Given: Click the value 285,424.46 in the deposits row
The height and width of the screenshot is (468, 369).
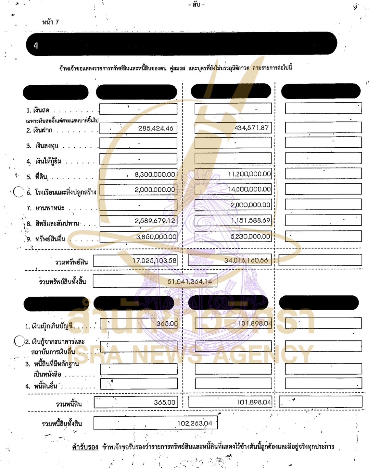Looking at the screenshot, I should tap(156, 128).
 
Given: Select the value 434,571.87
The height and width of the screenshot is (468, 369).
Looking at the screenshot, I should tap(251, 128).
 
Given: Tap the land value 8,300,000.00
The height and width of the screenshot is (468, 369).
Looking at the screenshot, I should tap(155, 174).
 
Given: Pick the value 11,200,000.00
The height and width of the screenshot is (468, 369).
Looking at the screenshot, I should tap(249, 174).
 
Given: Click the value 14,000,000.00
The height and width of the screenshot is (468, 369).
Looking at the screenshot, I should tap(249, 189).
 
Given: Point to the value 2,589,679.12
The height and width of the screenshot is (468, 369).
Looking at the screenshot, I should tap(155, 221).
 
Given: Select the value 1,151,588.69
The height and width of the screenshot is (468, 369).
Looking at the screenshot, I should tap(250, 220).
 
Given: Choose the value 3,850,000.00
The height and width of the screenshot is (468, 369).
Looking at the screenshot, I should tap(156, 237).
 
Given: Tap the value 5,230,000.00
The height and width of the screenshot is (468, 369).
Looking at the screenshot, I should tap(250, 237).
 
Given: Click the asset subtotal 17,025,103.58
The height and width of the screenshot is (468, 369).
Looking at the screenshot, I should tap(154, 261).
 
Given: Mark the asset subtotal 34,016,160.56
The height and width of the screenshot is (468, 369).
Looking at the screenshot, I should tap(246, 260).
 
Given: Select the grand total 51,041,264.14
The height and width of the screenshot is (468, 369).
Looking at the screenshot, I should tap(190, 282).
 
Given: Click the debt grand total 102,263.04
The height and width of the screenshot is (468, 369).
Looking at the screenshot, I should tap(195, 423).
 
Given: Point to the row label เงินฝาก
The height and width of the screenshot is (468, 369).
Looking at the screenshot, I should tap(43, 130).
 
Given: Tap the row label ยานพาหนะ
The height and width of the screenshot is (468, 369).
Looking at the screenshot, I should tap(50, 208).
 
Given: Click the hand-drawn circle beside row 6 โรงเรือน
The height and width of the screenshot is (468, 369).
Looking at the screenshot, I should tap(19, 192).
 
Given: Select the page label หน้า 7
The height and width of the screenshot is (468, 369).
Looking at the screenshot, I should tap(50, 22).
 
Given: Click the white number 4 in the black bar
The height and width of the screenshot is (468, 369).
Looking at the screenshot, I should tap(36, 45).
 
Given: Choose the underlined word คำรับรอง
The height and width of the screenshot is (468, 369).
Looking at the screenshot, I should tap(85, 447).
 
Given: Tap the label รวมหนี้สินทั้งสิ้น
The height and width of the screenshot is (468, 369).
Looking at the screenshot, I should tap(62, 424).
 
